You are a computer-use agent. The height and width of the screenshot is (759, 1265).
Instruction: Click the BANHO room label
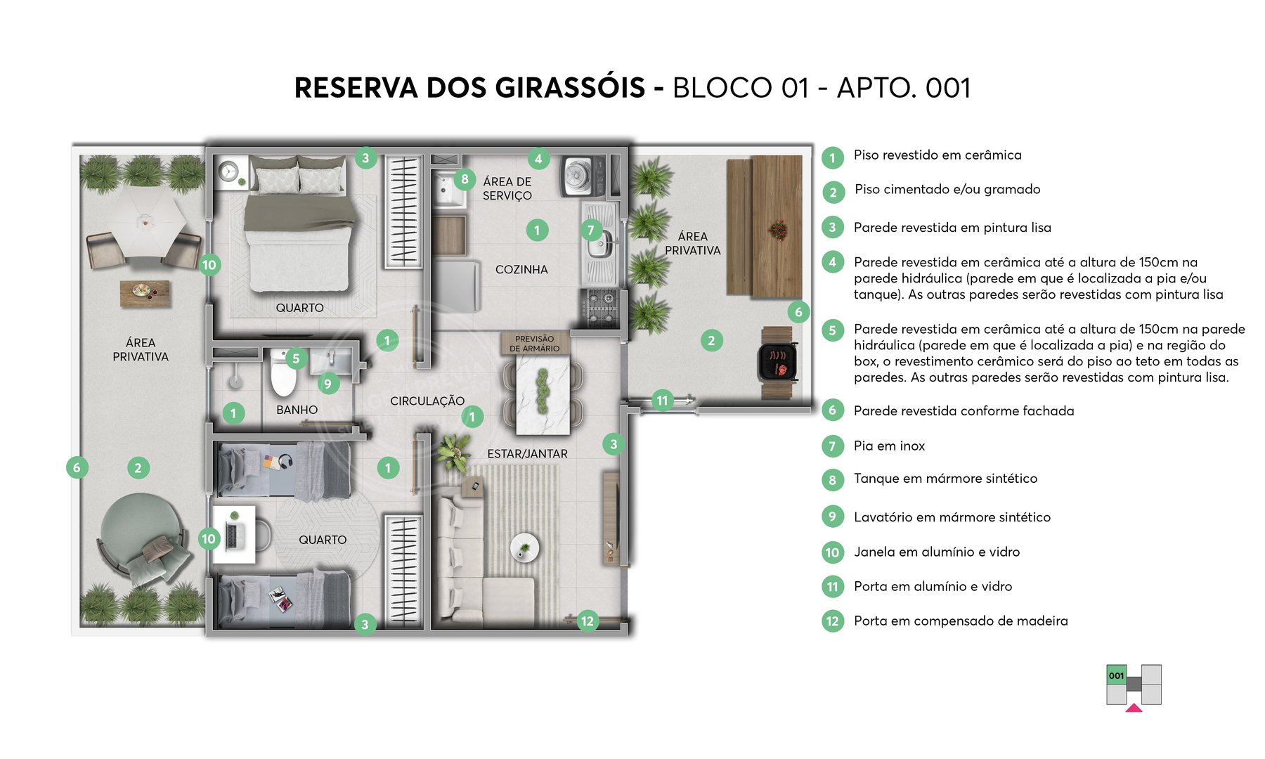297,410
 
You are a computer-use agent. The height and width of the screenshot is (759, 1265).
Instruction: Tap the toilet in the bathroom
283,375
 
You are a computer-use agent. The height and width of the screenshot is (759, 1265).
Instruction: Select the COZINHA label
521,269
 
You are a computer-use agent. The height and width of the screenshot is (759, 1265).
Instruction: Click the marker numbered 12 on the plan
587,621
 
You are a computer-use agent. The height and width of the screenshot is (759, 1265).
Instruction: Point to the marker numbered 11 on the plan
662,401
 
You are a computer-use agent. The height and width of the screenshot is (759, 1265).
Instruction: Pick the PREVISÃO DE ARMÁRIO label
534,344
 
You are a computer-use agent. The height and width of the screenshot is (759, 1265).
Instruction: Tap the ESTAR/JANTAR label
527,454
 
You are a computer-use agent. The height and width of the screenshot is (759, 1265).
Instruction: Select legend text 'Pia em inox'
889,446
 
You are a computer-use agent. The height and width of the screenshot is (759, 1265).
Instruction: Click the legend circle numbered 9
832,517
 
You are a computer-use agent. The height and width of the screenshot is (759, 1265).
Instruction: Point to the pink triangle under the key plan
1134,708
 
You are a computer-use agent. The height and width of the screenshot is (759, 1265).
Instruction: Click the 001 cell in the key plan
1116,675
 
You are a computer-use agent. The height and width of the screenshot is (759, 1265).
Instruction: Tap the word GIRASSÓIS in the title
570,88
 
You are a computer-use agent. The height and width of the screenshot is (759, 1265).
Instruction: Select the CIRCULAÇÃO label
427,401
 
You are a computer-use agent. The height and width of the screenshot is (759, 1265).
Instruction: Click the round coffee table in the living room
524,547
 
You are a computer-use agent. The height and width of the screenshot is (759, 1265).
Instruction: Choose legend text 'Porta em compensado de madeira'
961,621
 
